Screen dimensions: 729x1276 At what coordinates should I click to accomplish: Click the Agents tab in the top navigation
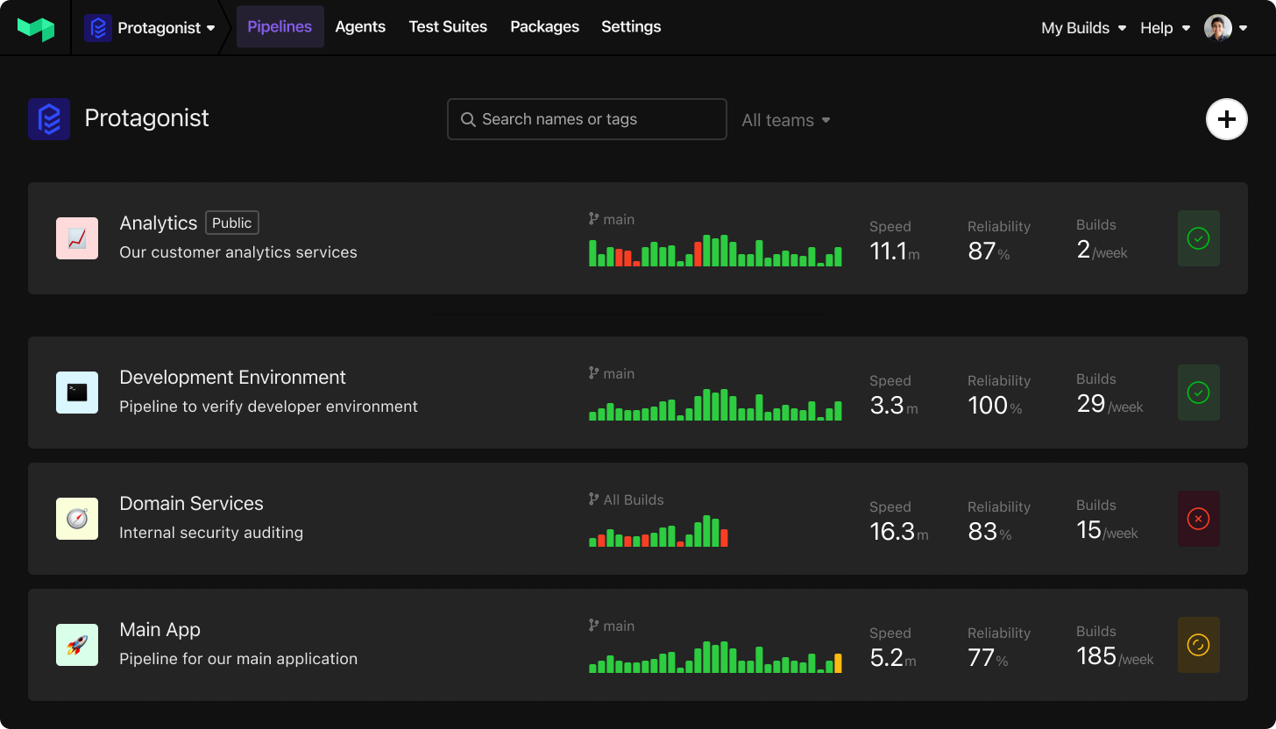tap(360, 27)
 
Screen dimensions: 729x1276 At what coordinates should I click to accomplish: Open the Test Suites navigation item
tap(448, 27)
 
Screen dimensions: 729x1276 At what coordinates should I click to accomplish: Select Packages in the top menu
tap(544, 27)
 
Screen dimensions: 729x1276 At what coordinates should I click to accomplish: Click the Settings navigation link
tap(631, 27)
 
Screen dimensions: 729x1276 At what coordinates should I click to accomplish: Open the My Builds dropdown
tap(1083, 28)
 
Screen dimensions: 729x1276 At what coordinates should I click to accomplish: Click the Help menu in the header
tap(1165, 28)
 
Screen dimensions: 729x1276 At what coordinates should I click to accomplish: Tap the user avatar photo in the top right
tap(1218, 28)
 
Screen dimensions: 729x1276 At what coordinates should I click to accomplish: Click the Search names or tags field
tap(587, 119)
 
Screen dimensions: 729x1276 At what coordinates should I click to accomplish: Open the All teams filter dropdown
tap(786, 120)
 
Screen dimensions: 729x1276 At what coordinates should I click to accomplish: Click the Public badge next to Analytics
tap(232, 223)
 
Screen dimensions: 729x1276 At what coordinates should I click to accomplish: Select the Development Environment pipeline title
tap(232, 378)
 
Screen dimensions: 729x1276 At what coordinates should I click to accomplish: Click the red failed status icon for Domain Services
tap(1198, 519)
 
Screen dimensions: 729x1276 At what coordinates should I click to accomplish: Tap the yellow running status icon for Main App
tap(1198, 645)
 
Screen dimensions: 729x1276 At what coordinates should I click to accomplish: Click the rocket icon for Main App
tap(77, 645)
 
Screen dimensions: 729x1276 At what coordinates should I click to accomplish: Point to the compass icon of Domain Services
tap(77, 519)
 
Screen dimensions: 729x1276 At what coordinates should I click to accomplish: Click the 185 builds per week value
tap(1096, 656)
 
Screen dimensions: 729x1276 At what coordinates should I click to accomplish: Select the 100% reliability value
tap(988, 406)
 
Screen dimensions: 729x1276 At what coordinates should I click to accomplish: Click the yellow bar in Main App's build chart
tap(838, 663)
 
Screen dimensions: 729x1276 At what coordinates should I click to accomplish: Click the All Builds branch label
tap(633, 500)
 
